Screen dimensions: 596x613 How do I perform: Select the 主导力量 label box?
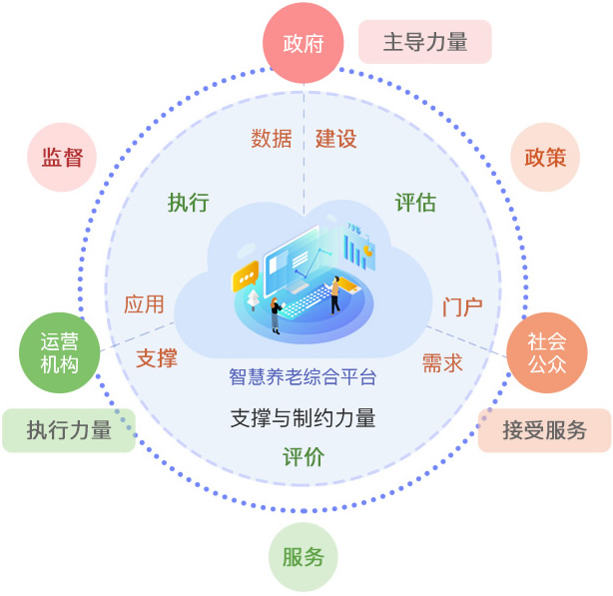(x=425, y=42)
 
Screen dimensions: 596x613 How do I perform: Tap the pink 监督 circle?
(x=62, y=157)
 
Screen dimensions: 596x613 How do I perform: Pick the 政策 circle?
(x=545, y=157)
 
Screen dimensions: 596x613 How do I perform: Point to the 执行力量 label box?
(x=69, y=431)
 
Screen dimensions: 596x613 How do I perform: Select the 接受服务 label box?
(x=544, y=431)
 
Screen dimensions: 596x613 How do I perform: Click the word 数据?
(x=272, y=139)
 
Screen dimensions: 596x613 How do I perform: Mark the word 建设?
(x=335, y=139)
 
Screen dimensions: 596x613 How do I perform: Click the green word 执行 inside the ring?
(x=189, y=203)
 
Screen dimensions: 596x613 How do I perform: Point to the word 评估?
(x=415, y=203)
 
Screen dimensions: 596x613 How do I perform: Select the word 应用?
(x=144, y=304)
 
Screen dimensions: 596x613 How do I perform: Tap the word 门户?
(x=462, y=306)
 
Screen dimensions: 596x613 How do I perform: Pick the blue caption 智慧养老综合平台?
(x=304, y=377)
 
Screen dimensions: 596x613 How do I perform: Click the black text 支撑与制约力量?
(x=304, y=418)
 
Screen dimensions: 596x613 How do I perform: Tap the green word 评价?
(x=304, y=458)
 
